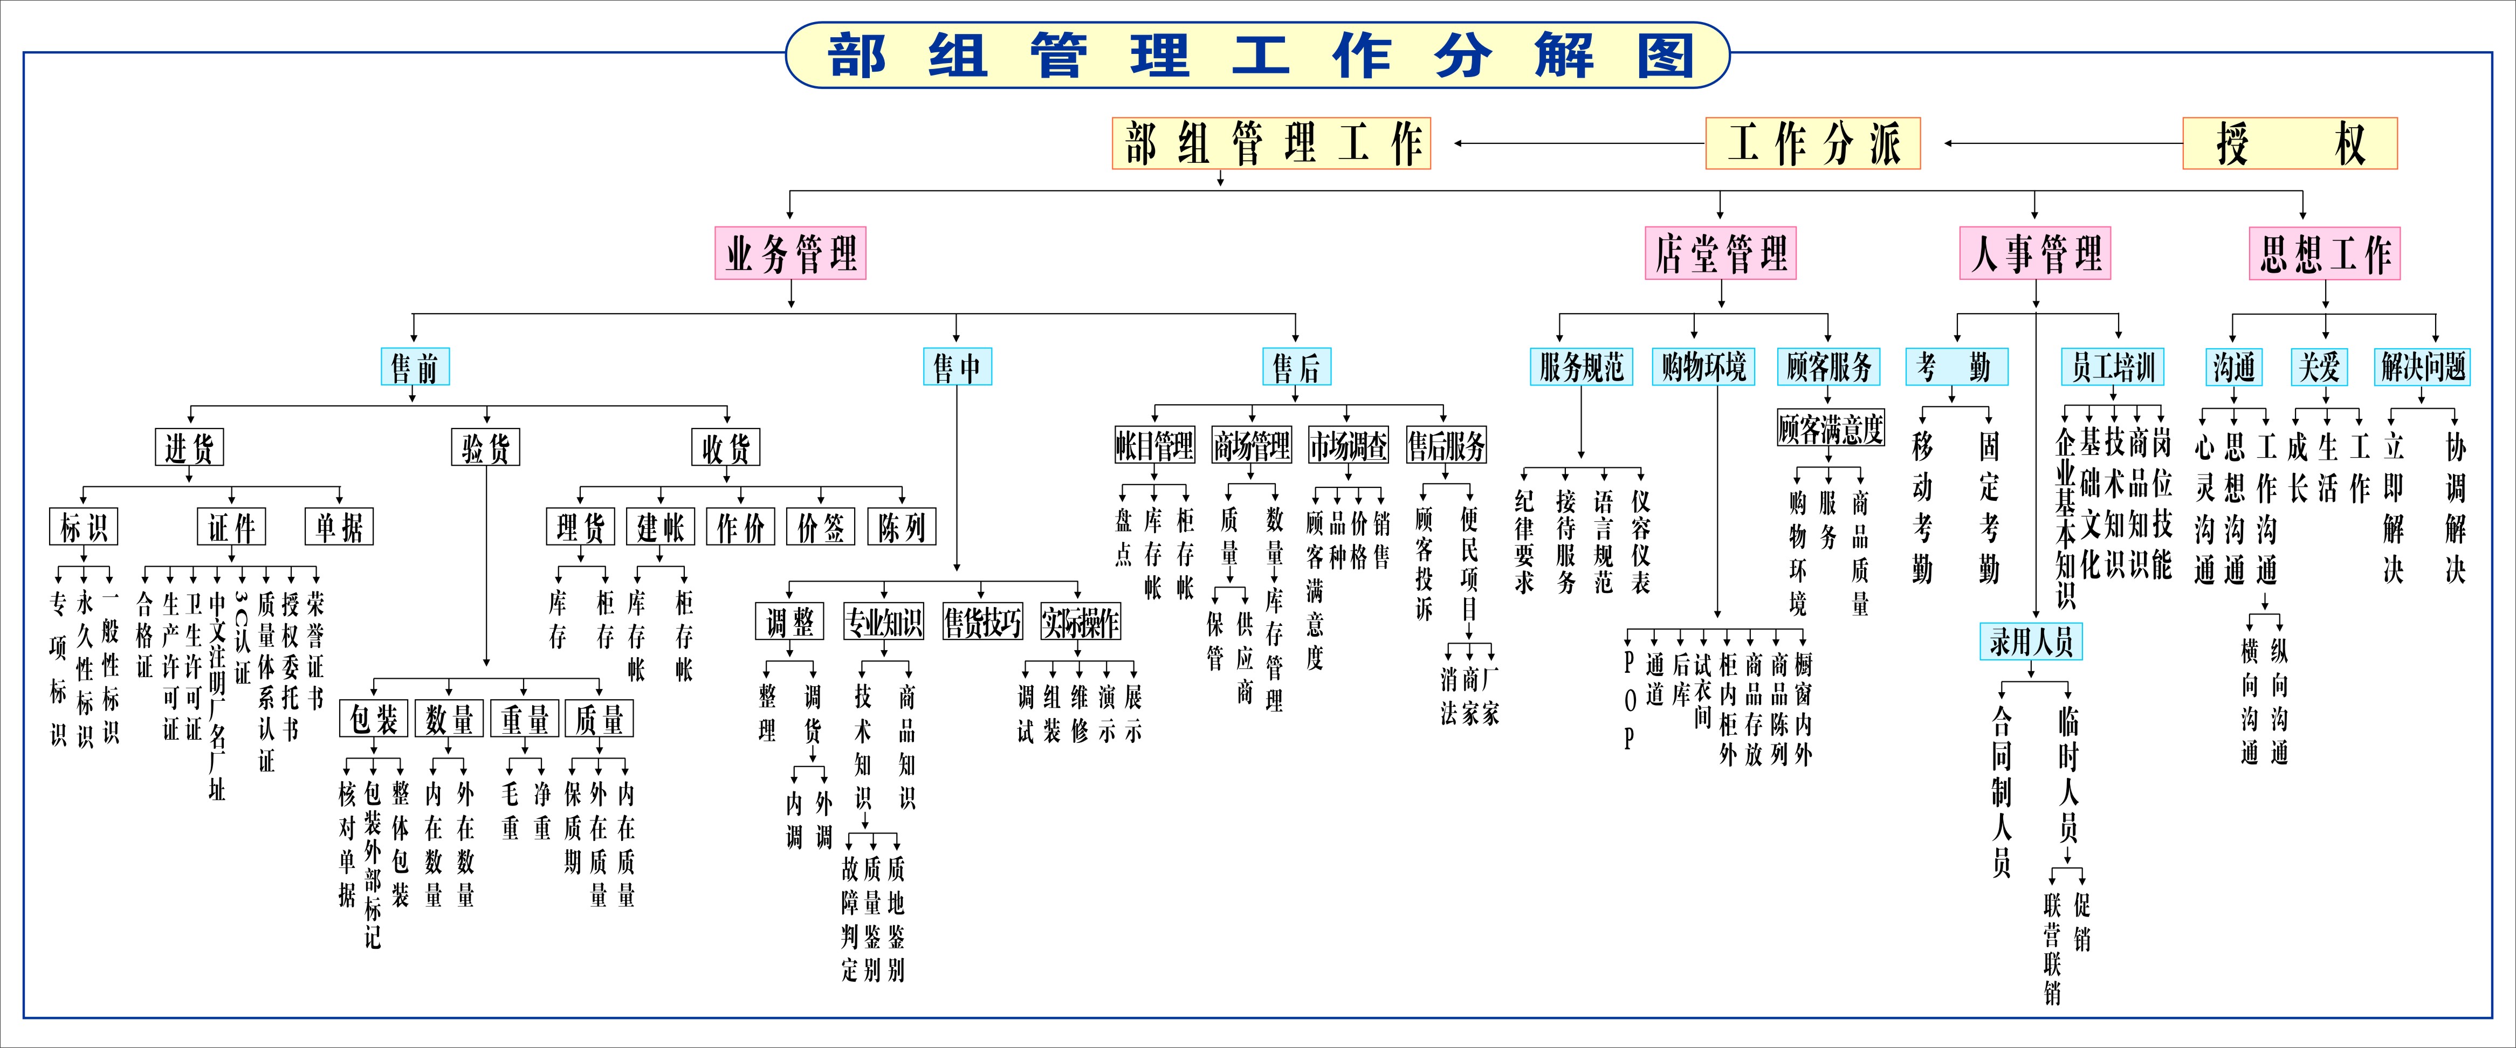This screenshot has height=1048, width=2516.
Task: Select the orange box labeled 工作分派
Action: (1813, 143)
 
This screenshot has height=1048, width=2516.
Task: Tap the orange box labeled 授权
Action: (2290, 143)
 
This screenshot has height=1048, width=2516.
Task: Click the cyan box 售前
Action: (414, 367)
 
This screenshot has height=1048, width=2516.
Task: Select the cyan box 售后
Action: (1296, 367)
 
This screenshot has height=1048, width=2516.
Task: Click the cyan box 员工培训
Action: (2113, 367)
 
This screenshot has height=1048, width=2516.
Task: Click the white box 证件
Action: (231, 527)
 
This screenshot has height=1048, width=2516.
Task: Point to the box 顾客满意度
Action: (1830, 429)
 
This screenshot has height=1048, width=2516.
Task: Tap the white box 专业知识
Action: (884, 621)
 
